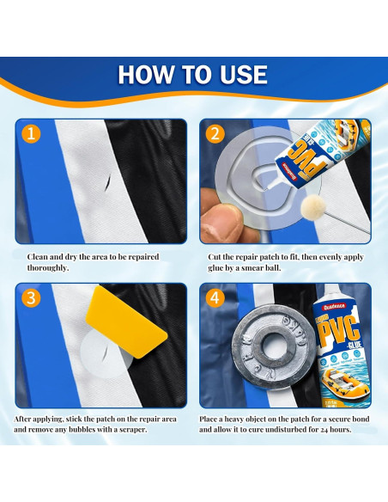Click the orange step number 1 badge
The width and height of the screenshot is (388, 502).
(30, 134)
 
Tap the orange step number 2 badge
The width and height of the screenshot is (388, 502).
(215, 134)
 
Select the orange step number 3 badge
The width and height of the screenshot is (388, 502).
(30, 298)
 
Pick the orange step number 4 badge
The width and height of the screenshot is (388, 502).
(215, 299)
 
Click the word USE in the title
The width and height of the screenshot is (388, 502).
(242, 75)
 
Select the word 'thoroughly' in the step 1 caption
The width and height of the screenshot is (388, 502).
(40, 268)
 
